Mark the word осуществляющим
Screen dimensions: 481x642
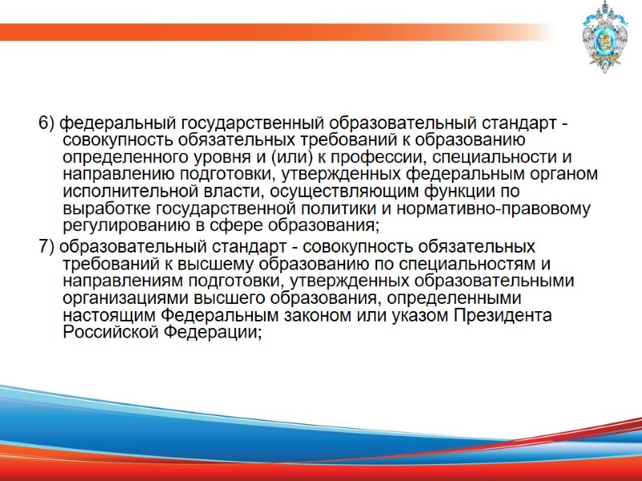point(347,193)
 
